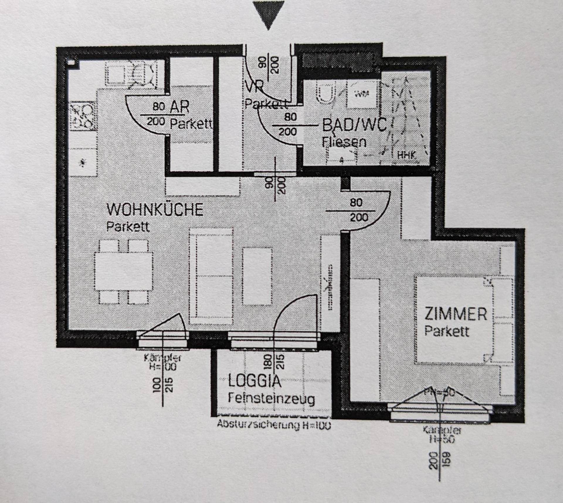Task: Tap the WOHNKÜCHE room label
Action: (155, 209)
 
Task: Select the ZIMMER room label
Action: (455, 314)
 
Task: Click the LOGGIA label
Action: (254, 381)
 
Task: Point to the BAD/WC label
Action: (355, 125)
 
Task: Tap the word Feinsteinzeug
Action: (271, 398)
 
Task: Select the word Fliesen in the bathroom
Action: (344, 142)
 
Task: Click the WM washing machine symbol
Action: (362, 94)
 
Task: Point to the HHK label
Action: (406, 155)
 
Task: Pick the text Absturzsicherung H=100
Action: (274, 424)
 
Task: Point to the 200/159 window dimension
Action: (439, 460)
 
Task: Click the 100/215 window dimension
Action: (163, 385)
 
